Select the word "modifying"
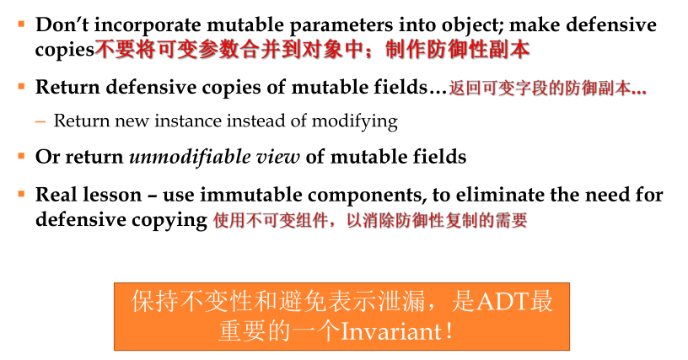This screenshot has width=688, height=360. pos(353,121)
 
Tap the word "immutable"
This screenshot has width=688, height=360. pos(242,196)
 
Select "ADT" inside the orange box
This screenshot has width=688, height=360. pos(501,302)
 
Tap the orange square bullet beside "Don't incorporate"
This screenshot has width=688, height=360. pos(22,24)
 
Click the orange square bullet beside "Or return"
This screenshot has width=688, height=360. pos(22,156)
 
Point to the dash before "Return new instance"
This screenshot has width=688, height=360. pos(40,121)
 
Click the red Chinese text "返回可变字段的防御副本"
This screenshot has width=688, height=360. pos(540,87)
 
